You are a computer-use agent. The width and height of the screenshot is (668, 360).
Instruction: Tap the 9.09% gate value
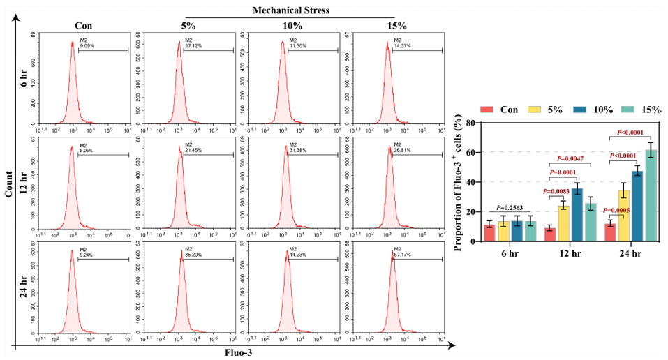[87, 46]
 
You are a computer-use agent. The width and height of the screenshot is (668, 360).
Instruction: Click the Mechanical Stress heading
[290, 11]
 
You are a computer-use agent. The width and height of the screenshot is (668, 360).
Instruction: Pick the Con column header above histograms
[84, 26]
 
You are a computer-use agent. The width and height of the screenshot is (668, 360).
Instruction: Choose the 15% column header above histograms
[395, 26]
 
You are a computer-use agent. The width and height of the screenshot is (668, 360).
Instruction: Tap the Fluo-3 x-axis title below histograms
[238, 352]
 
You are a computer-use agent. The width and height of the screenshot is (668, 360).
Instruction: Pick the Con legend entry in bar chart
[500, 110]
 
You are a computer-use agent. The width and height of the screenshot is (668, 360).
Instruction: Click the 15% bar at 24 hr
[651, 195]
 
